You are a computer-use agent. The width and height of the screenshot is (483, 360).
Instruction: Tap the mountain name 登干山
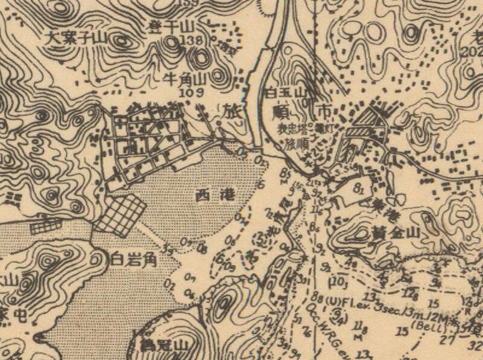click(x=171, y=27)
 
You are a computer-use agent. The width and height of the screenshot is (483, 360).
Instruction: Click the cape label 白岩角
click(x=135, y=260)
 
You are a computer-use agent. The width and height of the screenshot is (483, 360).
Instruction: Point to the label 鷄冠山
click(x=161, y=346)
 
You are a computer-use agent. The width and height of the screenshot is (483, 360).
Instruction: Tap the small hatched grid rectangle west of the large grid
click(x=46, y=227)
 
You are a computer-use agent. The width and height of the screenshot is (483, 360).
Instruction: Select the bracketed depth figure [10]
click(x=339, y=281)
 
